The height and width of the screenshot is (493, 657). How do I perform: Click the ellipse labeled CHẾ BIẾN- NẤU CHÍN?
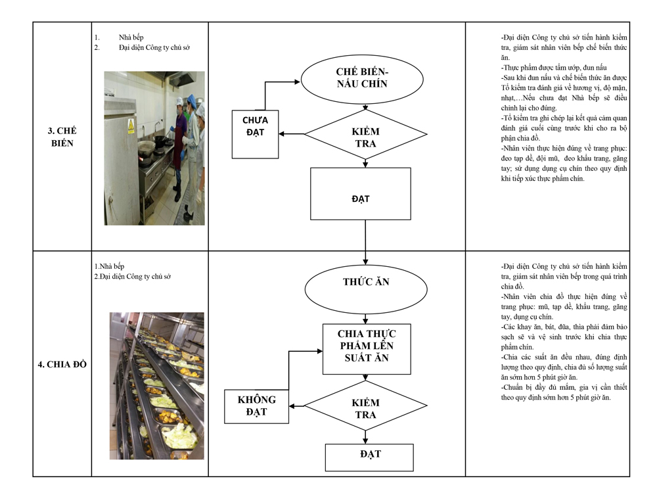(x=362, y=80)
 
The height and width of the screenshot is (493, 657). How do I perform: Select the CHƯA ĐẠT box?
(x=255, y=134)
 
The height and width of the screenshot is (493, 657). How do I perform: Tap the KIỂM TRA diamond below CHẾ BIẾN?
(x=365, y=135)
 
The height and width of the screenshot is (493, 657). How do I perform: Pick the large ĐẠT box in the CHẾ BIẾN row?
(x=360, y=194)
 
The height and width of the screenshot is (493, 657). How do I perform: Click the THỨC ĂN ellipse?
(x=366, y=289)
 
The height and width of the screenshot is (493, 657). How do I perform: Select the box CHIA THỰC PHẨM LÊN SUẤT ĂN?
(x=367, y=349)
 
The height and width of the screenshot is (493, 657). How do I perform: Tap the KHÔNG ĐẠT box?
(x=256, y=406)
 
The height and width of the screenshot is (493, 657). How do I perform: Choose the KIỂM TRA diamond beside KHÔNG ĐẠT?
(x=365, y=406)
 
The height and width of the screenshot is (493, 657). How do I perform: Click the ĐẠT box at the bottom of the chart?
(x=369, y=458)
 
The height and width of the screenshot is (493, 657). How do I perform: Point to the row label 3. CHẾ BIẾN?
(x=62, y=137)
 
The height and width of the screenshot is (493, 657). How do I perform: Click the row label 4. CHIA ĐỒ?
(x=62, y=364)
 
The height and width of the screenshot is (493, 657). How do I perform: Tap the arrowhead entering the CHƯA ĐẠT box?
(x=282, y=133)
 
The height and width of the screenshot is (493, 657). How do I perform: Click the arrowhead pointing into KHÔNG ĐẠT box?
(x=292, y=406)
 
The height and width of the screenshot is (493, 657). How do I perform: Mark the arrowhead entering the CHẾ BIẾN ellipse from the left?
(x=298, y=82)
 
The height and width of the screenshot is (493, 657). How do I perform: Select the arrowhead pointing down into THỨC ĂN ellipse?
(x=365, y=262)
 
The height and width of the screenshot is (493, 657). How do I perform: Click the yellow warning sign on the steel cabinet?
(x=131, y=125)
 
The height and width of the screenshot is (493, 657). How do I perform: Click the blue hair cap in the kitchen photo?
(x=191, y=99)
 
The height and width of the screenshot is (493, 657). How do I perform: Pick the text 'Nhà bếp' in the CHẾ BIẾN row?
(x=131, y=37)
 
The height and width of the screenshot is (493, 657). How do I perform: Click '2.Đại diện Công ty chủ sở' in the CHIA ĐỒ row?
(x=133, y=276)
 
